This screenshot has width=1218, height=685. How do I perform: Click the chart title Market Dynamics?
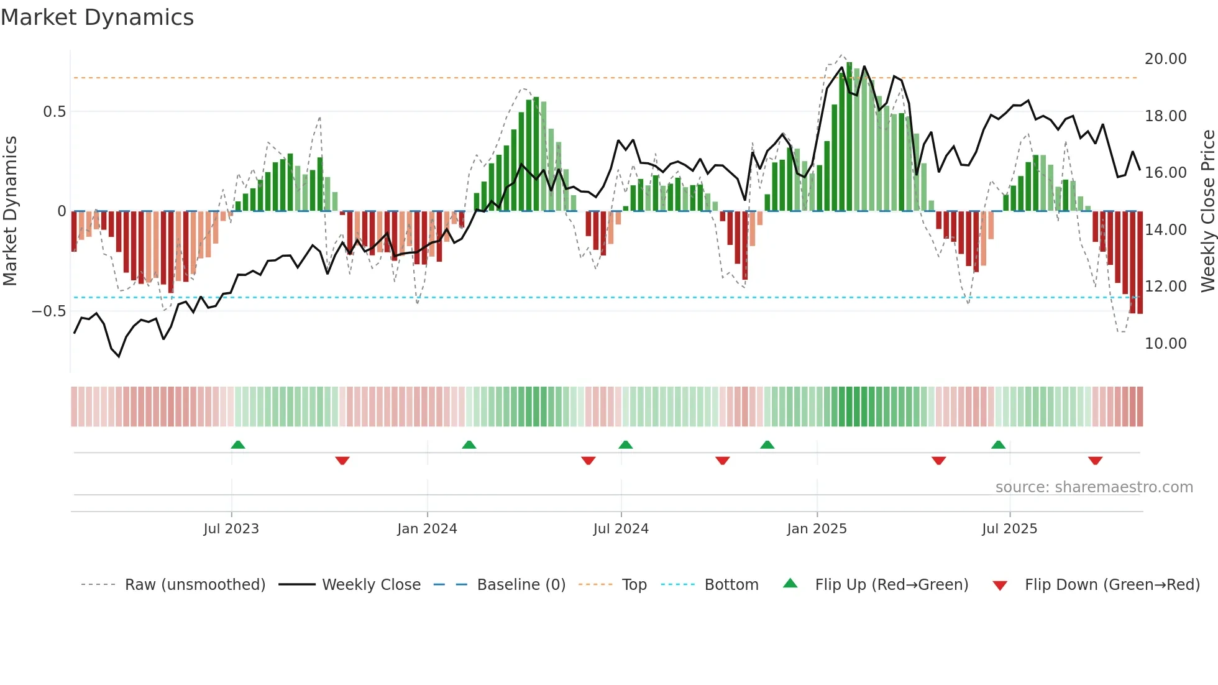point(97,17)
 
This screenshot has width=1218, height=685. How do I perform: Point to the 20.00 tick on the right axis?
point(1165,59)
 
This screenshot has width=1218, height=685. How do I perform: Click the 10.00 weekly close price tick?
point(1165,344)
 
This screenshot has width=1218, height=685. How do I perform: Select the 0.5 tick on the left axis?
point(54,112)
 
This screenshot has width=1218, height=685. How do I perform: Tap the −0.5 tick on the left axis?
point(48,311)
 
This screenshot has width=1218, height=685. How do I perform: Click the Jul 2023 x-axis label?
point(231,529)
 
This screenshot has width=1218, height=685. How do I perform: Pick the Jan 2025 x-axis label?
point(817,529)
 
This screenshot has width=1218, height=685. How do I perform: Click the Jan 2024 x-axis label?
point(427,529)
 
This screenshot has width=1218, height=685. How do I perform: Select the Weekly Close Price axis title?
point(1207,211)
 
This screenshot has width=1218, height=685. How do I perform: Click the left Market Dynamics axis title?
point(10,211)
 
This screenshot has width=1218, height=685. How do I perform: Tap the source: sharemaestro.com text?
point(1094,487)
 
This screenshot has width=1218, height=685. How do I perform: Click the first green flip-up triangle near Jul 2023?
point(238,444)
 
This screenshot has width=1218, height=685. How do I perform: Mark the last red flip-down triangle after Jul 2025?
point(1095,461)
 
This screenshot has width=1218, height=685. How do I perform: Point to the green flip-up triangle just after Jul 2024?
point(626,444)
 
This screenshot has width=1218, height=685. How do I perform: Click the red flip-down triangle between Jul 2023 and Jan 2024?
point(342,461)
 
